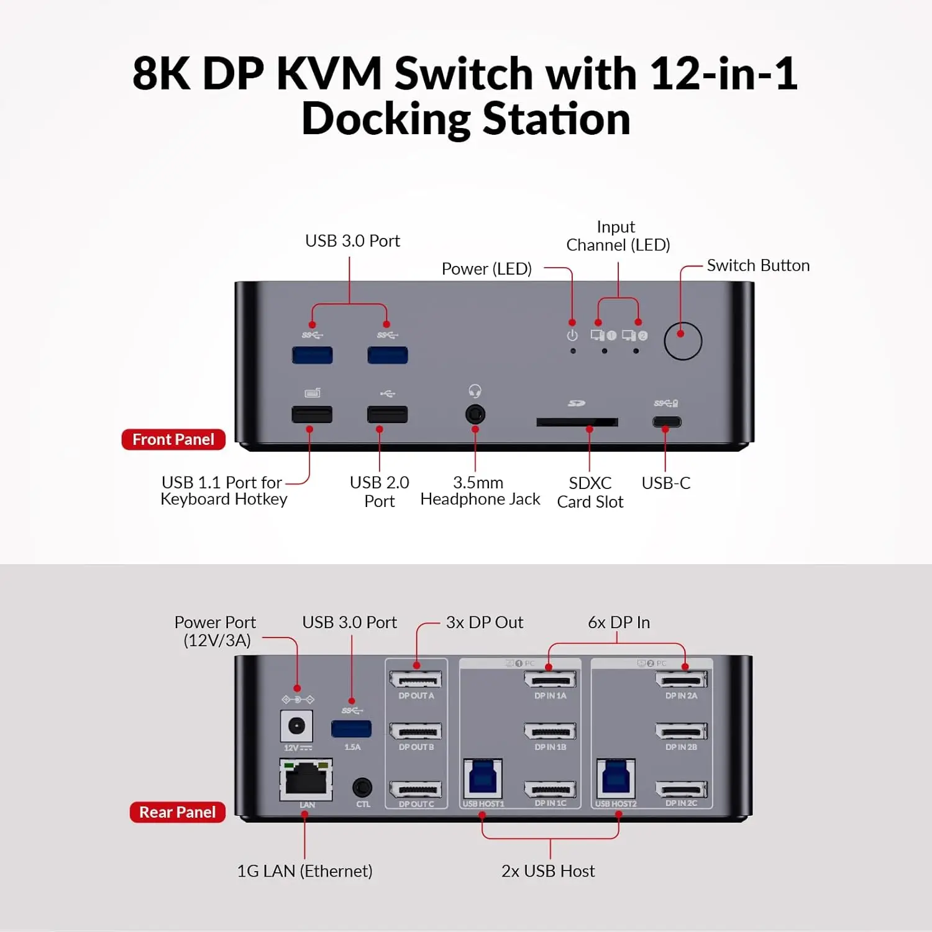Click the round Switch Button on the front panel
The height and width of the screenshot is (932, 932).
coord(682,341)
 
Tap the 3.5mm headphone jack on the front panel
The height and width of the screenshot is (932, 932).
coord(475,414)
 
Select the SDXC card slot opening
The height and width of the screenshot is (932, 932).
coord(577,423)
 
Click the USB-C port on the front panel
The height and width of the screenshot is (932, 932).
coord(666,422)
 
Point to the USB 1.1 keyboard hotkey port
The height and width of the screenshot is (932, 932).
coord(312,414)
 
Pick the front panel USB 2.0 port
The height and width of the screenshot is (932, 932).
coord(387,414)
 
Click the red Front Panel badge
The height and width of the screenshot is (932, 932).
coord(173,440)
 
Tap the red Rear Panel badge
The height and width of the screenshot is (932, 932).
coord(177,812)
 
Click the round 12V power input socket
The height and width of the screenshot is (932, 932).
coord(296,726)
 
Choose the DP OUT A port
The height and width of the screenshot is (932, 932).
coord(416,680)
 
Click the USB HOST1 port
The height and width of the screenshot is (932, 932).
coord(483,779)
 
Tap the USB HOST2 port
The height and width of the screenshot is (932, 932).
coord(616,779)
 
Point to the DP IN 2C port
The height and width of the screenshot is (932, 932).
coord(681,790)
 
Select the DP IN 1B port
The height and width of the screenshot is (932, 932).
coord(550,731)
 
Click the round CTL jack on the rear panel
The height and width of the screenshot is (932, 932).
coord(362,788)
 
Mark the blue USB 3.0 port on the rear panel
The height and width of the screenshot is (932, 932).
coord(351,728)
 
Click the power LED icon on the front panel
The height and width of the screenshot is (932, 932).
coord(572,336)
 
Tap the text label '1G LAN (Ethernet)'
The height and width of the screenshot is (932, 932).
coord(304,871)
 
